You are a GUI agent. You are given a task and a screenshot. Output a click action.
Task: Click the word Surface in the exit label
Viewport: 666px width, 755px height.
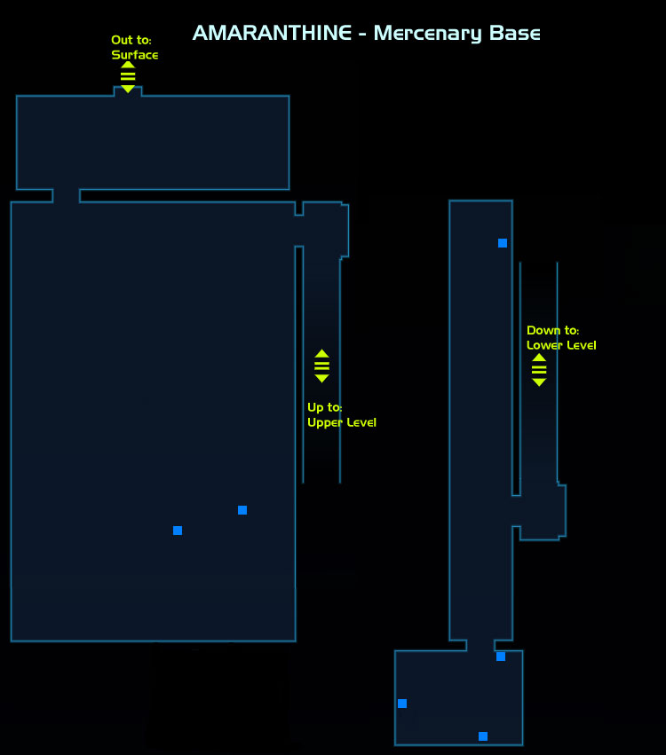click(x=135, y=55)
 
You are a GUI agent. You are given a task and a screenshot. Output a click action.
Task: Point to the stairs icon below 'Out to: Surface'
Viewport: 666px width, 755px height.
click(x=128, y=76)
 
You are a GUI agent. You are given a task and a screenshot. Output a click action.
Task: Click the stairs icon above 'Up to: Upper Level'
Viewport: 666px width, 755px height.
click(x=321, y=366)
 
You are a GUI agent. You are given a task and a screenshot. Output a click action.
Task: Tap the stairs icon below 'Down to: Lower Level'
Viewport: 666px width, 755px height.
click(x=539, y=369)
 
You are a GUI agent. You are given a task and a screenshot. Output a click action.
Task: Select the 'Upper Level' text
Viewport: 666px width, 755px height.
click(x=342, y=422)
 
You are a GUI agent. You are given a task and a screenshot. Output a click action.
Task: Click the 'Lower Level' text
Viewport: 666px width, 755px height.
click(x=561, y=345)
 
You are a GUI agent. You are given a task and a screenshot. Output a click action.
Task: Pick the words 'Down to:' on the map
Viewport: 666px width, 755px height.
click(x=552, y=330)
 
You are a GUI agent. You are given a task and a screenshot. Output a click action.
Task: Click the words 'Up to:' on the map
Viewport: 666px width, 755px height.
click(x=324, y=407)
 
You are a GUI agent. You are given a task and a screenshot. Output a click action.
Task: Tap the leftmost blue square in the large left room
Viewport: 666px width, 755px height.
click(x=178, y=531)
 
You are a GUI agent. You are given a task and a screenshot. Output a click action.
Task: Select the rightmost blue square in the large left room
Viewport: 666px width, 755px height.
click(x=242, y=510)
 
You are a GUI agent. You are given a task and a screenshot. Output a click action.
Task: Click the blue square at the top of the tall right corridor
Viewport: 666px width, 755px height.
click(x=503, y=243)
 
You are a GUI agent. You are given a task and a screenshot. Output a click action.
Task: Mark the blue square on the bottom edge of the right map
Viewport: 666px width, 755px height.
click(x=483, y=736)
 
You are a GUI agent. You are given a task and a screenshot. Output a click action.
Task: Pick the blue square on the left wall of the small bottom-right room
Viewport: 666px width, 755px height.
click(x=402, y=704)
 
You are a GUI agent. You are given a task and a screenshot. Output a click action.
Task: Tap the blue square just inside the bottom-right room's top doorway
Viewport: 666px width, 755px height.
click(x=501, y=657)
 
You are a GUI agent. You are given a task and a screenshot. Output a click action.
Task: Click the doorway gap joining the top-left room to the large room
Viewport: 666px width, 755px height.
click(x=66, y=196)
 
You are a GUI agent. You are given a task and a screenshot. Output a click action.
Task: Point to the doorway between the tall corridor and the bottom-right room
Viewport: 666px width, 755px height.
click(x=480, y=645)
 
